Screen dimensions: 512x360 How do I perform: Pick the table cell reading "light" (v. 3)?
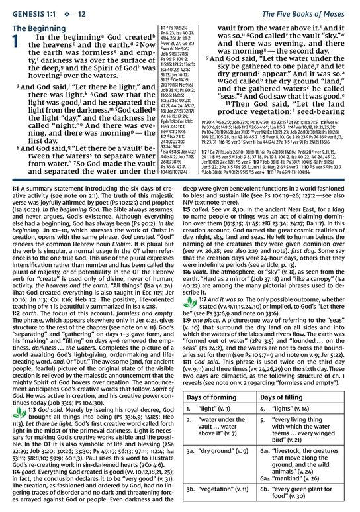225,391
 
